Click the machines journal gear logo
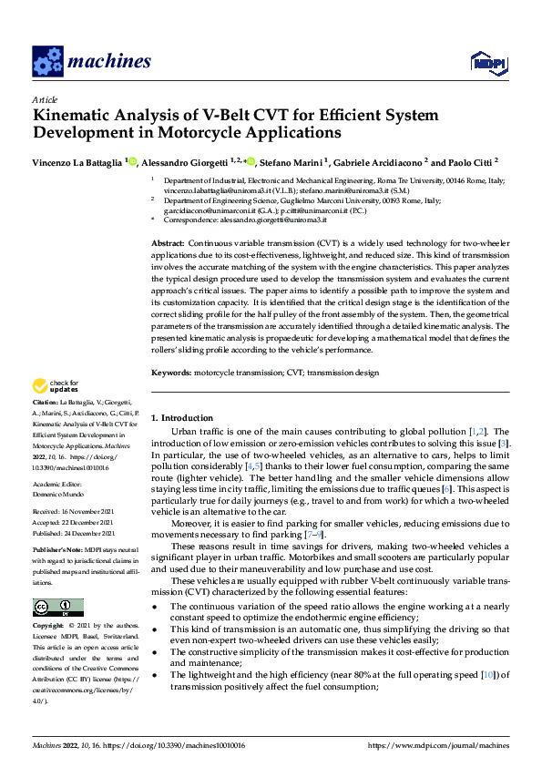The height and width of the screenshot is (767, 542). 47,61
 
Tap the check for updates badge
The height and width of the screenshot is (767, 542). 55,386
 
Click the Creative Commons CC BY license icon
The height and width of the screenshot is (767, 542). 52,582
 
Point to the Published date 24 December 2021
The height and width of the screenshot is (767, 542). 91,533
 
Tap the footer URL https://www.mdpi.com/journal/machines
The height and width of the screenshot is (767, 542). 437,745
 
